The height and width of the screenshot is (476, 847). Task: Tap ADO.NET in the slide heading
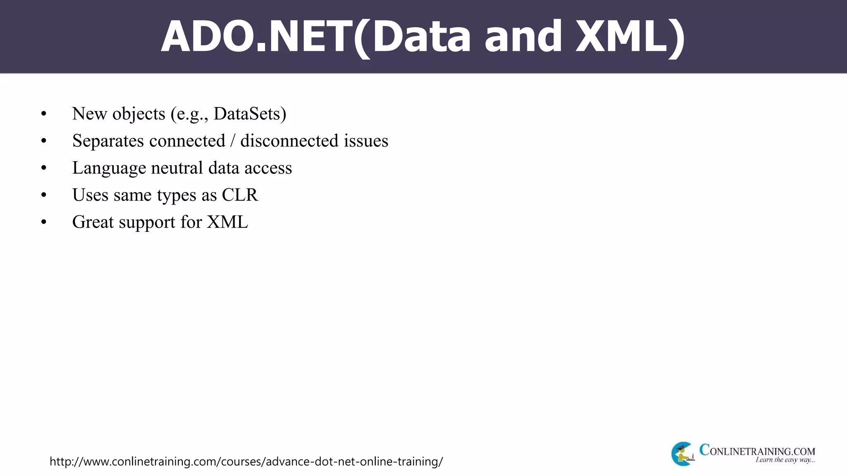pyautogui.click(x=256, y=37)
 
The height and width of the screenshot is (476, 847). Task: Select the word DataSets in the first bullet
pyautogui.click(x=247, y=114)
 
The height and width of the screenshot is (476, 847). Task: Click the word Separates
pyautogui.click(x=108, y=141)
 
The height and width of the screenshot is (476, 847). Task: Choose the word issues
pyautogui.click(x=366, y=141)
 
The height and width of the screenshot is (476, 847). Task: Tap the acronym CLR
pyautogui.click(x=240, y=195)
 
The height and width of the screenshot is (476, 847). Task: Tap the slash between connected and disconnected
pyautogui.click(x=233, y=141)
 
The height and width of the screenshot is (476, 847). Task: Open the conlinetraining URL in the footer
pyautogui.click(x=246, y=462)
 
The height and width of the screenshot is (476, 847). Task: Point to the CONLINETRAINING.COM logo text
pyautogui.click(x=757, y=451)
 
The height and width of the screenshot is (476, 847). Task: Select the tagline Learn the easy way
pyautogui.click(x=785, y=460)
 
